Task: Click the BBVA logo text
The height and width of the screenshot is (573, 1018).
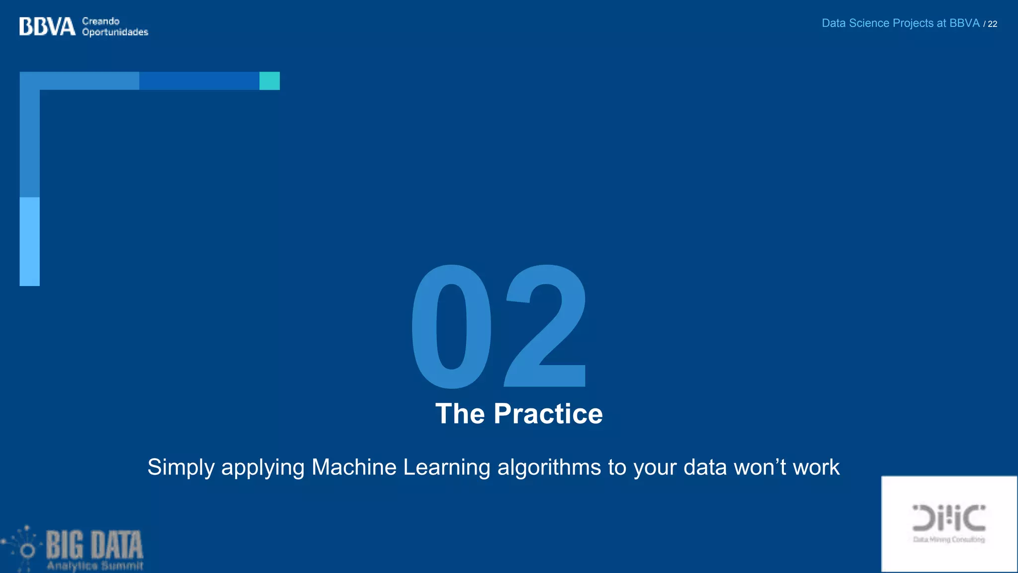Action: click(x=47, y=26)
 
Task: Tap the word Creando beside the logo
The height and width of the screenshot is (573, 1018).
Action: click(x=101, y=21)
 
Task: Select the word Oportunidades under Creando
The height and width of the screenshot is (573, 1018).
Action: click(x=115, y=32)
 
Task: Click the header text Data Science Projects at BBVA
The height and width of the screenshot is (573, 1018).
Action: click(x=900, y=23)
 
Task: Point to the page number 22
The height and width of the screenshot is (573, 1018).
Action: click(x=992, y=24)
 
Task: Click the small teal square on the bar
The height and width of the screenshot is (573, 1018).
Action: click(x=269, y=81)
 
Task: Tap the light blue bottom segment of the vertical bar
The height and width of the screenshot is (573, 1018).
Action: click(x=30, y=241)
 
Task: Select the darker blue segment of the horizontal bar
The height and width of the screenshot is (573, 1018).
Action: click(x=199, y=81)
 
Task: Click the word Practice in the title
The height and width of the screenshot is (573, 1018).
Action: click(x=548, y=414)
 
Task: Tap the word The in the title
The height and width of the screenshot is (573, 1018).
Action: click(x=460, y=414)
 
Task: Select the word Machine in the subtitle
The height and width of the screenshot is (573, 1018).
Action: click(x=354, y=468)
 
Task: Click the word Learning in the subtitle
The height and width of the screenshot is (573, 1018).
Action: click(x=446, y=468)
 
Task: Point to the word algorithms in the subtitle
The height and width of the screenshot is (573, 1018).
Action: click(x=549, y=468)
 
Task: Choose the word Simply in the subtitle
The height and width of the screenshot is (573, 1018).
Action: click(x=181, y=468)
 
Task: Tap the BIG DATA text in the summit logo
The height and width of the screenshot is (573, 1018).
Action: click(x=94, y=545)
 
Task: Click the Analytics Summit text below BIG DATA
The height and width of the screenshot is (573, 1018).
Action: click(x=95, y=566)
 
